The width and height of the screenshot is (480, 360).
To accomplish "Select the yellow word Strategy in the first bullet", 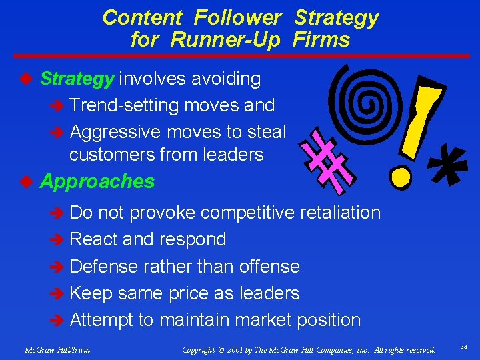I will point(77,79).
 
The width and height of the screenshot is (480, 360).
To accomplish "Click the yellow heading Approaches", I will point(97,182).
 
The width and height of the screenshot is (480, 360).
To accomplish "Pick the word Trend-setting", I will point(123,106).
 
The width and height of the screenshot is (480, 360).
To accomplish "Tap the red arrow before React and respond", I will point(58,240).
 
